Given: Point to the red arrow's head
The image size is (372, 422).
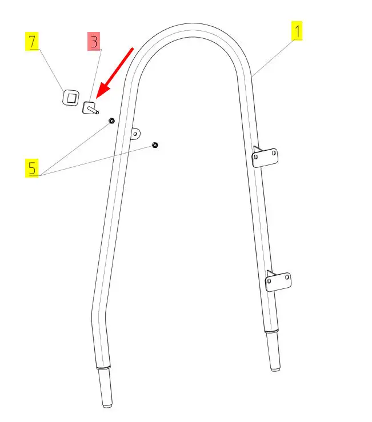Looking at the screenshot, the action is pos(97,94).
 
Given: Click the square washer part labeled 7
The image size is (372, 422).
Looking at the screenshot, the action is pos(70,98).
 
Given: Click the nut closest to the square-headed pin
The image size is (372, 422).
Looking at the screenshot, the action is pos(112,121).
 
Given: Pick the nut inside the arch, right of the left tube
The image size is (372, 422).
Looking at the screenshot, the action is pos(155,145).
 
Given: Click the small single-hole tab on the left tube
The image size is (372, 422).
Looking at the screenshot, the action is pos(135,133).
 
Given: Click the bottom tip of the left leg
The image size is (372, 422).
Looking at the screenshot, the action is pos(107,406).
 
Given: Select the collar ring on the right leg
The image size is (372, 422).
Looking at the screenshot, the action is pos(271,331).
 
